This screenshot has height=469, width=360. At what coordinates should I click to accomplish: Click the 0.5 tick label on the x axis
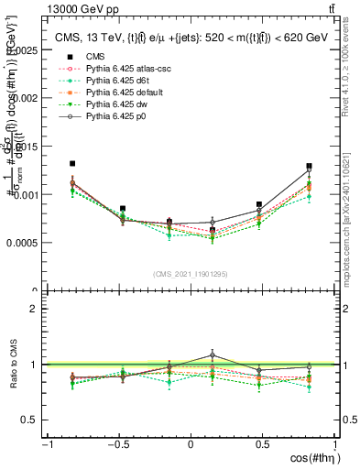[x=262, y=444]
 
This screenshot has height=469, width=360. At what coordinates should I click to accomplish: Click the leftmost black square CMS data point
[x=72, y=164]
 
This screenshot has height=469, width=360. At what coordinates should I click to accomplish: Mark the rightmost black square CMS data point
[x=309, y=167]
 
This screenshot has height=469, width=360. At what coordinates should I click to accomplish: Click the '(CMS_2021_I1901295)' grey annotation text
[x=191, y=274]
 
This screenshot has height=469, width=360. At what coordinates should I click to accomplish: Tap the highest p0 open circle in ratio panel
[x=213, y=354]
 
